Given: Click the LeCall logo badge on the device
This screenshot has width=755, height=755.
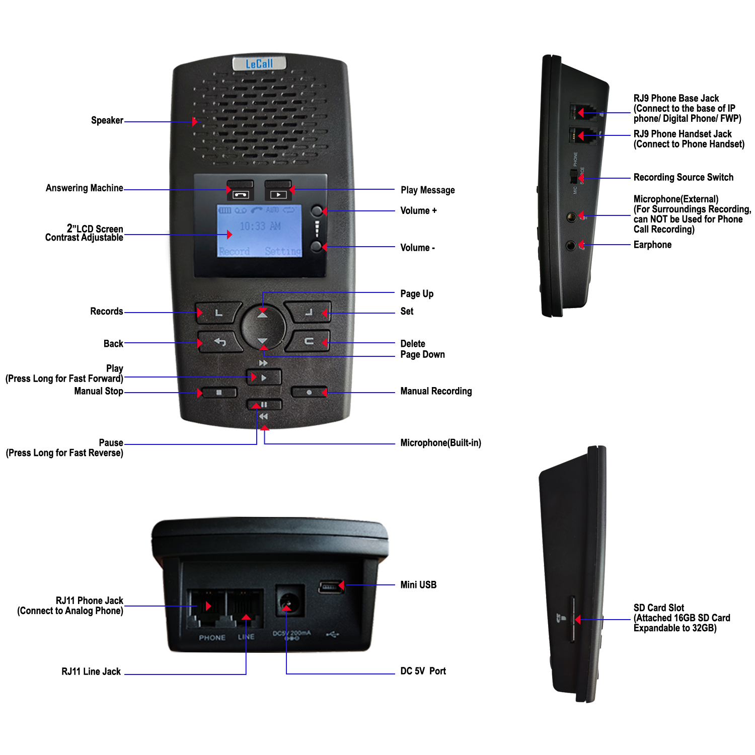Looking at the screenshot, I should click(259, 64).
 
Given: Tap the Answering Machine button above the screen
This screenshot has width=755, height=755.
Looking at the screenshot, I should click(240, 191).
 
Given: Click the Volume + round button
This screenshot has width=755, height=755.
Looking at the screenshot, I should click(317, 210).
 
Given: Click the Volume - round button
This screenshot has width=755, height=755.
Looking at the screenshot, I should click(316, 246).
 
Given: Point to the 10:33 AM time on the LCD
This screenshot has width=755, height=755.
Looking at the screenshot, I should click(260, 226).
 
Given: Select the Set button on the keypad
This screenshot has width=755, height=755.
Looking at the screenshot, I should click(308, 313).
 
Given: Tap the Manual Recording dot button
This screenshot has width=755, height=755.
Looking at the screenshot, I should click(309, 392).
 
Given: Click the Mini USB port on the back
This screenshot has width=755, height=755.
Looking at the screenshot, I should click(330, 586).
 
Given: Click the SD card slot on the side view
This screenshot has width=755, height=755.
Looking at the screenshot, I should click(572, 620).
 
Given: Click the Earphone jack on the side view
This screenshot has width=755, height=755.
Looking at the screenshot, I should click(570, 246).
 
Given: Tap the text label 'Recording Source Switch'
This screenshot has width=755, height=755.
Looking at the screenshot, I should click(683, 177).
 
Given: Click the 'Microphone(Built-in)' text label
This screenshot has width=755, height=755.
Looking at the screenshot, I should click(440, 443).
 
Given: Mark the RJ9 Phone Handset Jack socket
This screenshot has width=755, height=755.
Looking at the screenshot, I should click(574, 135).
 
